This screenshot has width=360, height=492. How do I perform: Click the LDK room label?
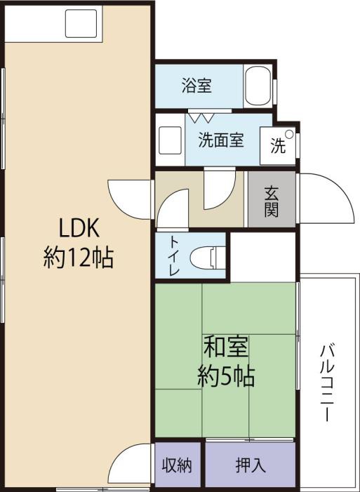[x=80, y=228]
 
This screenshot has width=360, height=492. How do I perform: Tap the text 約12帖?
[x=79, y=258]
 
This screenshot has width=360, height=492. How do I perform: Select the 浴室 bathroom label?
[x=196, y=86]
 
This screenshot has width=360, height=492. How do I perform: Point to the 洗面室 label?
[x=220, y=140]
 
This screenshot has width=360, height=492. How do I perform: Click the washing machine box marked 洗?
[x=279, y=146]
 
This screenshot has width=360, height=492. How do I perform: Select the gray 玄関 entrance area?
[x=272, y=199]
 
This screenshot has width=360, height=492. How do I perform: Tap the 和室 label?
[x=225, y=347]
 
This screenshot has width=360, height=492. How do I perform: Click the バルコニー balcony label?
[x=326, y=383]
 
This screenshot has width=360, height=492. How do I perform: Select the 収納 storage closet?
[x=178, y=465]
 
